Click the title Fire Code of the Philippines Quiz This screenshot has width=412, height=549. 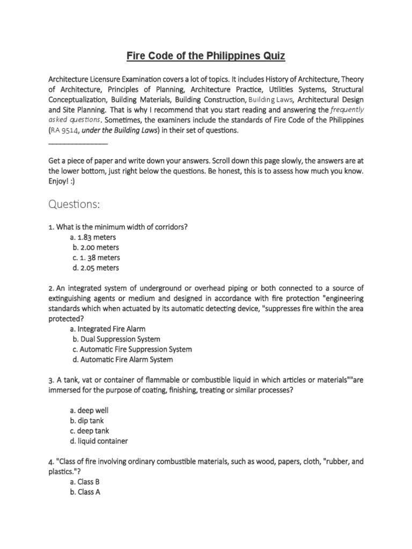(205, 55)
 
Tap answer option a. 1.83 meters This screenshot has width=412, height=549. (93, 237)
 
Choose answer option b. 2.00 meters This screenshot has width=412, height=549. (95, 247)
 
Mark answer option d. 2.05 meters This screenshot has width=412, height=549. (95, 268)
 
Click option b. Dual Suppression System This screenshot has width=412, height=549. (116, 339)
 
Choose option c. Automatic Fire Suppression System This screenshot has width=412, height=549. (132, 349)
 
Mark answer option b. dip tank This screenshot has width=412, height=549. (90, 421)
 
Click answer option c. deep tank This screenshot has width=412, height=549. (92, 431)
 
